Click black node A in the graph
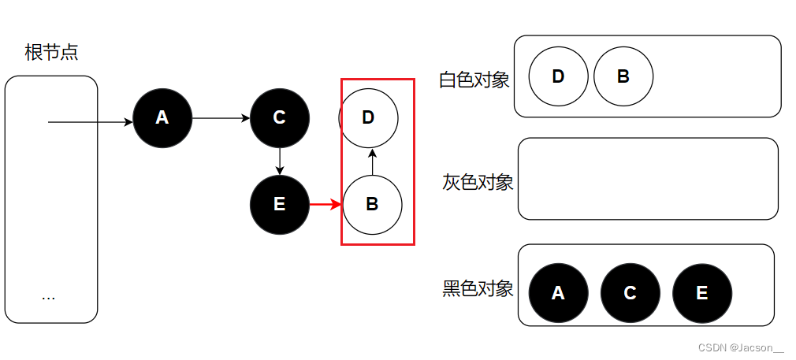162,118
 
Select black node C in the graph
279,118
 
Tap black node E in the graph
279,205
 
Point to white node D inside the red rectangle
368,118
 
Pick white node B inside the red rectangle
373,205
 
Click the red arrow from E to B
325,205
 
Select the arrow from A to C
221,118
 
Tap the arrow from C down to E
279,161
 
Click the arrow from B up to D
372,163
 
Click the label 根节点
51,54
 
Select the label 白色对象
474,80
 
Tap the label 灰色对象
478,183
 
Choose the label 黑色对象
478,288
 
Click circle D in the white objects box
558,76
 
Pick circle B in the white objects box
623,76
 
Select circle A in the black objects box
558,293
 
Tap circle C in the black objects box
630,293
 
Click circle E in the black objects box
702,293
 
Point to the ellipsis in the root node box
48,297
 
